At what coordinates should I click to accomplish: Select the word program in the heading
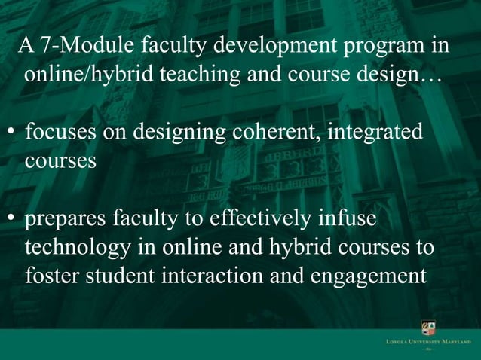pyautogui.click(x=384, y=47)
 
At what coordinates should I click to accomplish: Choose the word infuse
pyautogui.click(x=348, y=220)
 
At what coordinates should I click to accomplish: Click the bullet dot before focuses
pyautogui.click(x=12, y=134)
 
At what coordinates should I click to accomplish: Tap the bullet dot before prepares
pyautogui.click(x=12, y=221)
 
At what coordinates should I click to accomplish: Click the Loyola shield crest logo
pyautogui.click(x=427, y=329)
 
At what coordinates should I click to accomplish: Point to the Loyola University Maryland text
pyautogui.click(x=427, y=343)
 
